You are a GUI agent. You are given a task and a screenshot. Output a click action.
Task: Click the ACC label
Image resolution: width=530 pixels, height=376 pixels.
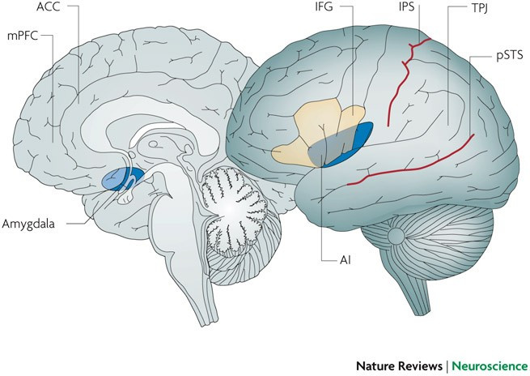(48, 6)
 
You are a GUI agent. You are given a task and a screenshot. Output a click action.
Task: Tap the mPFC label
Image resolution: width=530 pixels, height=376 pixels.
(23, 36)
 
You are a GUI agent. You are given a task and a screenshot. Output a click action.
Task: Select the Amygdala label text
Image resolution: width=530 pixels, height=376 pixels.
(28, 224)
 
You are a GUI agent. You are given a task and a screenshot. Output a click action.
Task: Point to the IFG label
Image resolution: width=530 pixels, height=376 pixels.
(324, 6)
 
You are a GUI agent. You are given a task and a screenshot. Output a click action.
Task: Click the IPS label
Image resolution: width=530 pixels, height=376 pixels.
(406, 6)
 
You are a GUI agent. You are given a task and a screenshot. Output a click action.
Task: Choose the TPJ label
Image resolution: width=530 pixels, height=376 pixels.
(479, 8)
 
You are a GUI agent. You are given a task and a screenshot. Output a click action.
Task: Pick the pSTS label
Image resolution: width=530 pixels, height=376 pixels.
(510, 55)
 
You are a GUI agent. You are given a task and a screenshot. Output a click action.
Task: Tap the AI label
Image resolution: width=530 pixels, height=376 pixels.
(346, 260)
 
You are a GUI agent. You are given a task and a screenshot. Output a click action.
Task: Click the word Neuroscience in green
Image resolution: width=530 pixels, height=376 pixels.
(490, 365)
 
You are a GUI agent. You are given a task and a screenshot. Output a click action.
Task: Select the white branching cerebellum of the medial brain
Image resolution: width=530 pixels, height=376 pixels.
(233, 207)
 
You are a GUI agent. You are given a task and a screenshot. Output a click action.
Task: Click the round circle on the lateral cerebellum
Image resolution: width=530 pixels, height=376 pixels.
(396, 234)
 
